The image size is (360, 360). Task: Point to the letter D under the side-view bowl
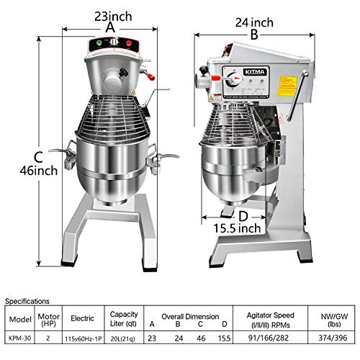click(x=243, y=215)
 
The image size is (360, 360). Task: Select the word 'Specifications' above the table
click(x=26, y=301)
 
